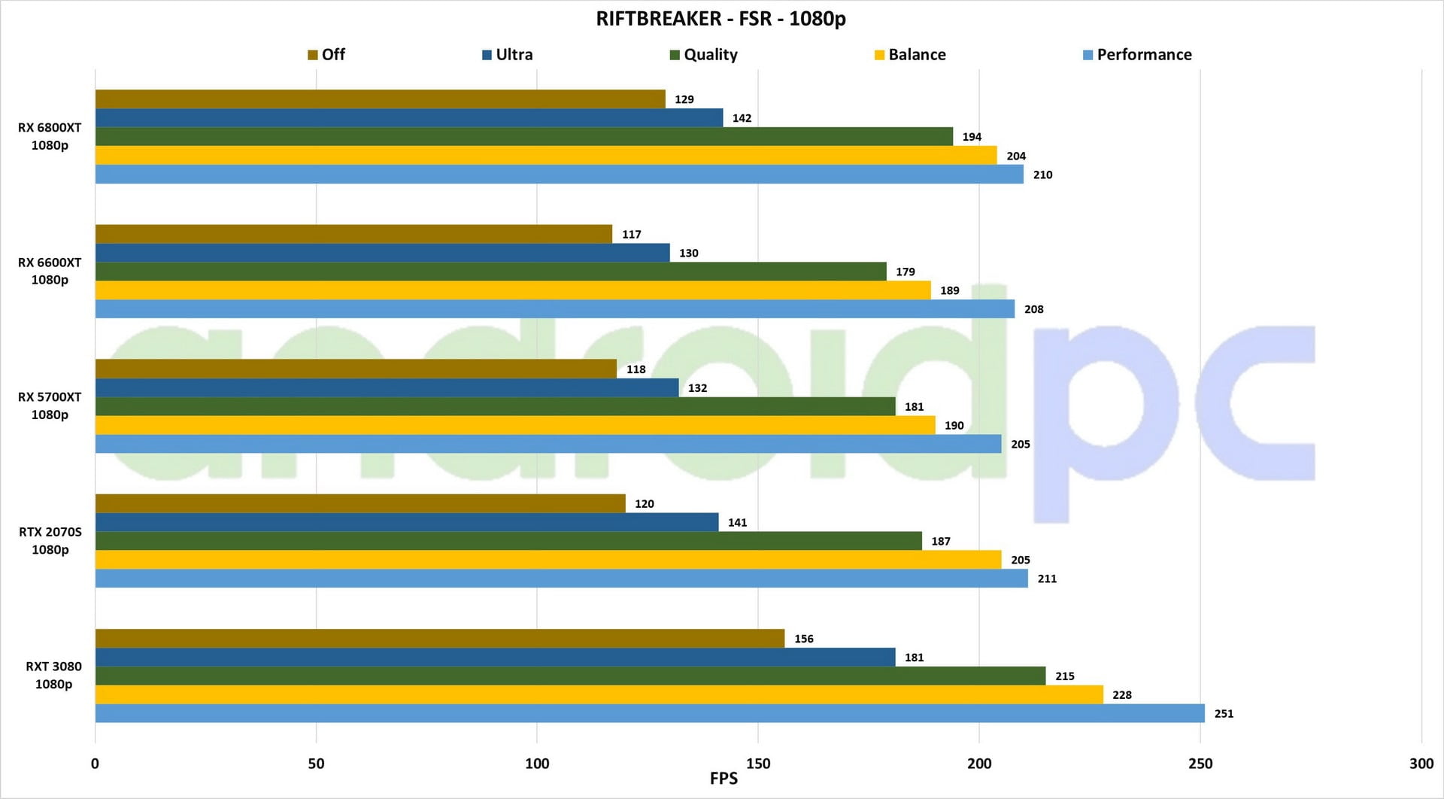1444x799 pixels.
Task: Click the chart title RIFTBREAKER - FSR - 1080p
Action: (720, 19)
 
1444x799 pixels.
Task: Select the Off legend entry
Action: (326, 55)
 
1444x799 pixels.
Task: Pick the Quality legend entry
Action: (704, 55)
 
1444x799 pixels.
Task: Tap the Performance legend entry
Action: (1137, 55)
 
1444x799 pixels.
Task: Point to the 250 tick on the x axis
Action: (1200, 764)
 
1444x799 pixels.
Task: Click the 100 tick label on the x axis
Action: (537, 764)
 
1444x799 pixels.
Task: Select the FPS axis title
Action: (724, 779)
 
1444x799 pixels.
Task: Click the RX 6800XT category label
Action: (50, 136)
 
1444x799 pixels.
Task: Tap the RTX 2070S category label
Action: (50, 540)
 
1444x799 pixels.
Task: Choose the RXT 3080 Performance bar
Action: (650, 713)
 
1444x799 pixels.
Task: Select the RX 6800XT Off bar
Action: (380, 99)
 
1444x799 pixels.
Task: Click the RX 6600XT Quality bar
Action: (490, 272)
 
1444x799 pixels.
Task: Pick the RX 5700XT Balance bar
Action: (515, 425)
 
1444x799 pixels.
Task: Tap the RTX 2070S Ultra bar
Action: (407, 522)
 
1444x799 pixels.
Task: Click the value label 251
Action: (1224, 713)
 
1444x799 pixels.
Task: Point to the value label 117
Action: (632, 235)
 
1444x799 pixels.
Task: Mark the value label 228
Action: (1122, 695)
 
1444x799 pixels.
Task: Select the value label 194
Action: (972, 137)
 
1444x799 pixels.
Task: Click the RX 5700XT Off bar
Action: (356, 369)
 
